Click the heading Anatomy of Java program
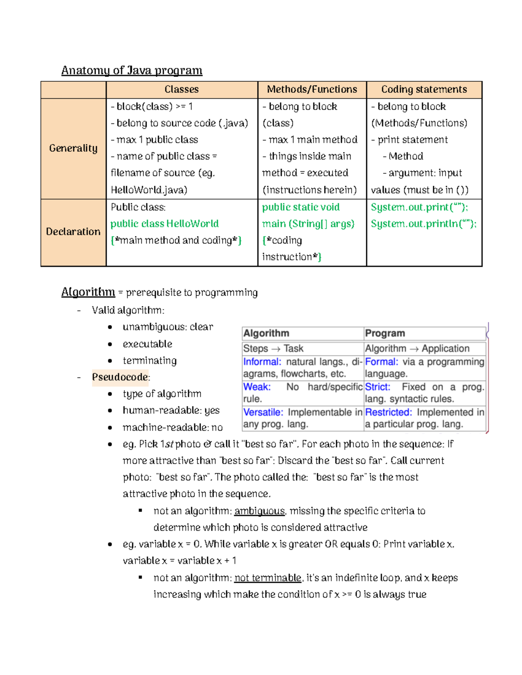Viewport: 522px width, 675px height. pyautogui.click(x=132, y=70)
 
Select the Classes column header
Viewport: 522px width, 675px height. pyautogui.click(x=181, y=90)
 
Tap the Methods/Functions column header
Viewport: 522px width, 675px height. pyautogui.click(x=312, y=90)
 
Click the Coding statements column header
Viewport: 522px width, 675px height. pyautogui.click(x=424, y=90)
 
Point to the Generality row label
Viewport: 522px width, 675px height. pyautogui.click(x=73, y=148)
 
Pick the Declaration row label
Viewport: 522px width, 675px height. pyautogui.click(x=73, y=232)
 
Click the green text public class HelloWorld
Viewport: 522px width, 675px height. pyautogui.click(x=164, y=224)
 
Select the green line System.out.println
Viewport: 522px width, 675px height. pyautogui.click(x=424, y=224)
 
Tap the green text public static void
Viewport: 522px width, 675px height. pyautogui.click(x=301, y=207)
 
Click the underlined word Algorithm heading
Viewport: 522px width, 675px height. pyautogui.click(x=88, y=292)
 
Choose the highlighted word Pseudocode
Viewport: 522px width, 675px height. pyautogui.click(x=120, y=377)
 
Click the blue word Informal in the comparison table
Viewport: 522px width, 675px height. pyautogui.click(x=262, y=362)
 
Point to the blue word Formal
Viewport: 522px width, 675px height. pyautogui.click(x=381, y=362)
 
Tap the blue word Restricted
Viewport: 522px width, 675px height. pyautogui.click(x=388, y=412)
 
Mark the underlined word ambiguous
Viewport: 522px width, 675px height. pyautogui.click(x=259, y=511)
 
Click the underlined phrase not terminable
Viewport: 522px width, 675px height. pyautogui.click(x=268, y=578)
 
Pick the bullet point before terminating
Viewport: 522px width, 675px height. pyautogui.click(x=110, y=361)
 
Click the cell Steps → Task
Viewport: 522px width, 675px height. pyautogui.click(x=273, y=349)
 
